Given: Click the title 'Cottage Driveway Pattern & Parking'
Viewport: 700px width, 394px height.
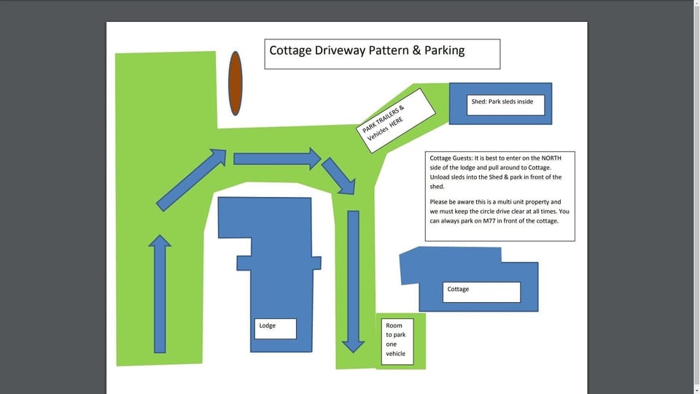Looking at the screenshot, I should pyautogui.click(x=367, y=51).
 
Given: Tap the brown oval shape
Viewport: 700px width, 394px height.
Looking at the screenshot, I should pyautogui.click(x=235, y=83).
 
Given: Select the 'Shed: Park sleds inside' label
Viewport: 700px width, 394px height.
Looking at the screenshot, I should pyautogui.click(x=502, y=102).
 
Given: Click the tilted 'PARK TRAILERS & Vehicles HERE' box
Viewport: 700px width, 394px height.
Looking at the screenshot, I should pyautogui.click(x=398, y=120).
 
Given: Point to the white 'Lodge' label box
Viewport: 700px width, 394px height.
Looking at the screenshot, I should pyautogui.click(x=276, y=328).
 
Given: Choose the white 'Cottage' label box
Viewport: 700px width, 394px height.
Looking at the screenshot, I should pyautogui.click(x=482, y=292).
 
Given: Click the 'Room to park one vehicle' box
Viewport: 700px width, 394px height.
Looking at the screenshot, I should pyautogui.click(x=397, y=341).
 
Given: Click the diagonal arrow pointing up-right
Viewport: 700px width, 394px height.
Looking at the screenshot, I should pyautogui.click(x=192, y=179).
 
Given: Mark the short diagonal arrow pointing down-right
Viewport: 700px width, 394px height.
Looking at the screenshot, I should pyautogui.click(x=338, y=175).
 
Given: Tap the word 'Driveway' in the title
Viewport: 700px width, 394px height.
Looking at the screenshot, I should pyautogui.click(x=336, y=51).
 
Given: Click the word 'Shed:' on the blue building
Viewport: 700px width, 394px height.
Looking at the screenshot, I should pyautogui.click(x=479, y=102).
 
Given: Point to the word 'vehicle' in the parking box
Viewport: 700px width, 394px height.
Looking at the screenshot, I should pyautogui.click(x=396, y=354).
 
